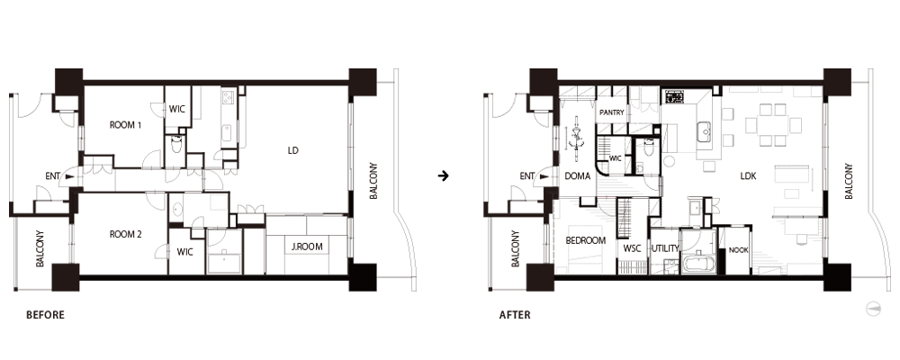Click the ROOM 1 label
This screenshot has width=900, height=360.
point(125,124)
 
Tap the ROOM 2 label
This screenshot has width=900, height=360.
point(126,234)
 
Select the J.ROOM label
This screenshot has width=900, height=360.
point(307,247)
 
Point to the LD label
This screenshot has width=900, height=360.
point(292,151)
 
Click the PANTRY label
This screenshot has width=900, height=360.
point(612,112)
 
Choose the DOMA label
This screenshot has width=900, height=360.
point(578,176)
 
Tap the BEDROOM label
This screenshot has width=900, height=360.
point(586,240)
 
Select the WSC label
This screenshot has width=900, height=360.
point(632,248)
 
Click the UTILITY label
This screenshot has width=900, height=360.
point(665,248)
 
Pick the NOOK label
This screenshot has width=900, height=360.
point(739,250)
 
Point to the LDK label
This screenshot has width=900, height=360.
point(748,176)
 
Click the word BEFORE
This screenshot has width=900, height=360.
point(45,315)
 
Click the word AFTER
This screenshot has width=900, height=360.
point(515,315)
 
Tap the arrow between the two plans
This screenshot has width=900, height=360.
point(443,175)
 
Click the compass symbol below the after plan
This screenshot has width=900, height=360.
point(872,309)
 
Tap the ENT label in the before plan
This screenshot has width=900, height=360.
point(52,176)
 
